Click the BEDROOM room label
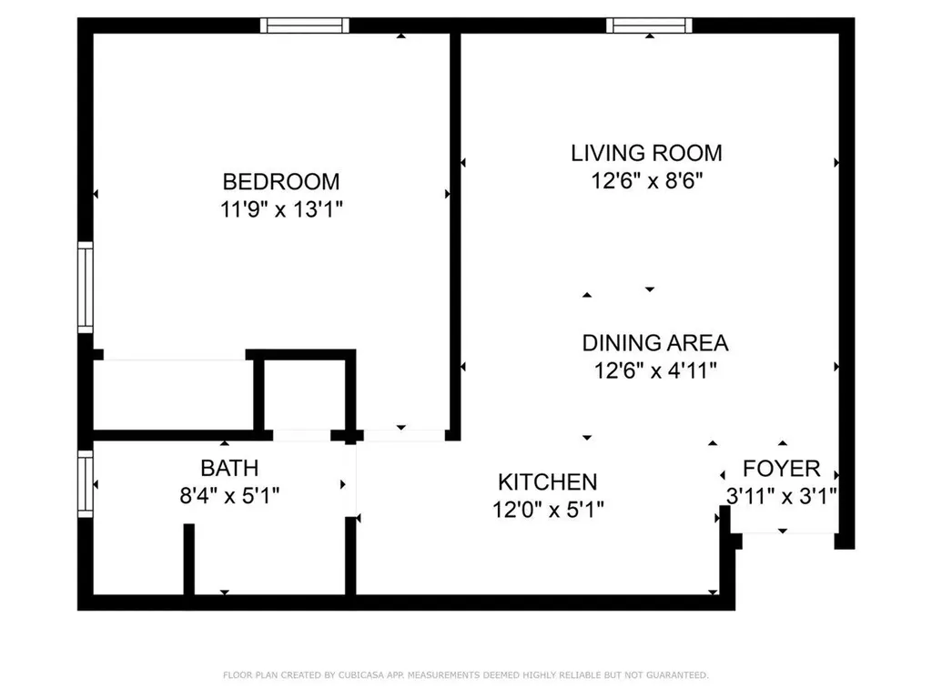[281, 181]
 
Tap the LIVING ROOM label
[646, 153]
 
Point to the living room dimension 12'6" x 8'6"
[646, 181]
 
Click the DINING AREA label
[654, 343]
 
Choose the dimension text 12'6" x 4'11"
[654, 371]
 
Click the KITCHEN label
[547, 481]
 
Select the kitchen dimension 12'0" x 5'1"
[547, 510]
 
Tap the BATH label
[229, 468]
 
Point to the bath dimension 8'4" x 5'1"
[229, 496]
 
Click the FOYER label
[781, 469]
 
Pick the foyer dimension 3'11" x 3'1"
[781, 496]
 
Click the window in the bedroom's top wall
[304, 25]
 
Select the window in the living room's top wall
[649, 25]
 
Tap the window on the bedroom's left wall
[85, 287]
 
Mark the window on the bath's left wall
[85, 484]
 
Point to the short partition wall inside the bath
[188, 559]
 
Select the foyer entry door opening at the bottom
[783, 533]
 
